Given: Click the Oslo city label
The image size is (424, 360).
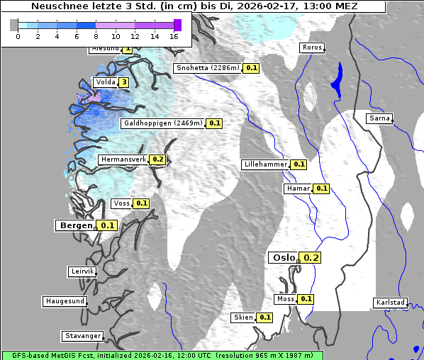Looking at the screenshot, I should (283, 258).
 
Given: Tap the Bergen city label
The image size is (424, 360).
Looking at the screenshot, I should (74, 225).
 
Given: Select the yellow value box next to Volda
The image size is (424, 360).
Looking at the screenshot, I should (124, 82).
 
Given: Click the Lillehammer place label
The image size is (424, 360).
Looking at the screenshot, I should (265, 164).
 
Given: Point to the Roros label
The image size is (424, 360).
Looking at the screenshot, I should (312, 47).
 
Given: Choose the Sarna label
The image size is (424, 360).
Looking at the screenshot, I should (379, 118).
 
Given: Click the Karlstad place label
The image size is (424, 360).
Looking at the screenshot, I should (391, 303).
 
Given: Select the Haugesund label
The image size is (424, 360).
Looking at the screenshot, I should (65, 301).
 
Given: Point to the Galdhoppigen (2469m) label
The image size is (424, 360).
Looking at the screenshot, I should (163, 123).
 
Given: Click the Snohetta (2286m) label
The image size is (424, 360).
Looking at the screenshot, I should (207, 68).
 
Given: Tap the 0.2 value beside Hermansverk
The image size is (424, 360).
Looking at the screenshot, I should (157, 159).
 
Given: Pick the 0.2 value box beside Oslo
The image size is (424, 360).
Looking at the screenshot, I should (311, 258).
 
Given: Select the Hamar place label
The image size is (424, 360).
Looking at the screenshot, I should (297, 189).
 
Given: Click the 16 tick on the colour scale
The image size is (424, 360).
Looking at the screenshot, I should (174, 36).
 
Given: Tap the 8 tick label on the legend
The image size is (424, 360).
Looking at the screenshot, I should (96, 36).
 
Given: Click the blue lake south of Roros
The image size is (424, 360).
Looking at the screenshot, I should (336, 79).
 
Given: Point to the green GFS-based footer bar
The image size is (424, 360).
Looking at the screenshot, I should (162, 355).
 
